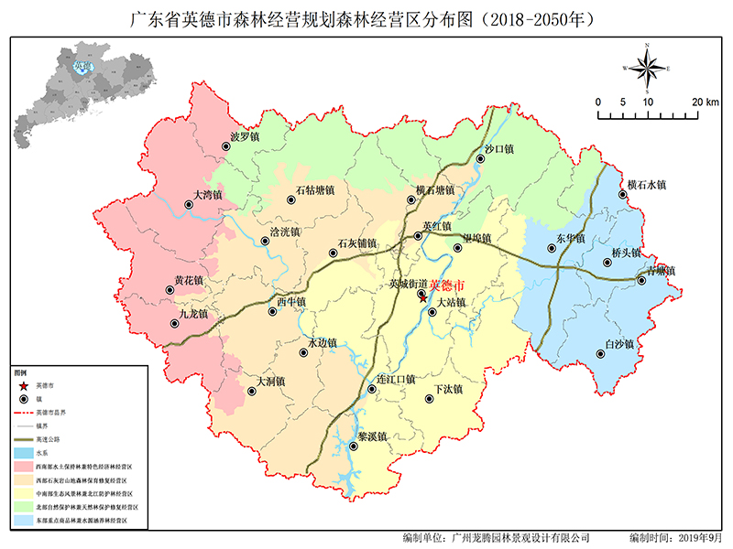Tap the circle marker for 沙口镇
pyautogui.click(x=479, y=160)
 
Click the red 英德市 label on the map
pyautogui.click(x=447, y=285)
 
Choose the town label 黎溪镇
pyautogui.click(x=370, y=436)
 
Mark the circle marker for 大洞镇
pyautogui.click(x=251, y=392)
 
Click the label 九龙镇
pyautogui.click(x=193, y=314)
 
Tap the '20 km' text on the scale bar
pyautogui.click(x=706, y=102)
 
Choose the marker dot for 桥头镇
pyautogui.click(x=607, y=264)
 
